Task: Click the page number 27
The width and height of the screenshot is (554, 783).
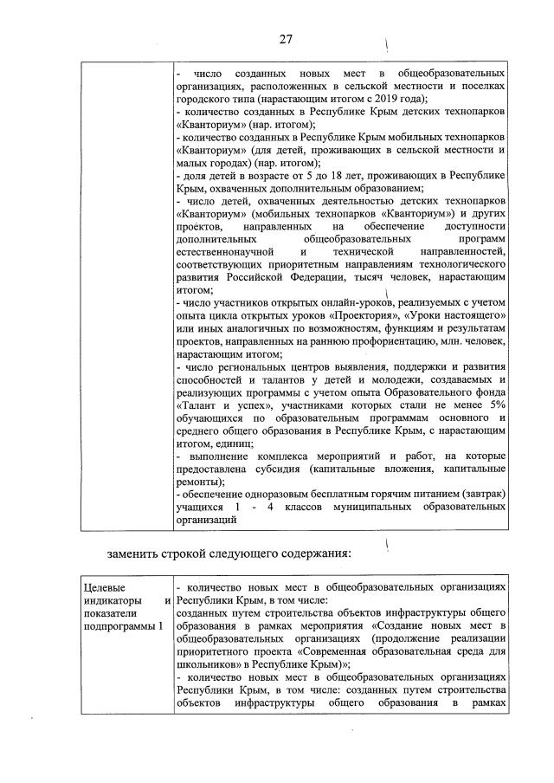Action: point(286,39)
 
